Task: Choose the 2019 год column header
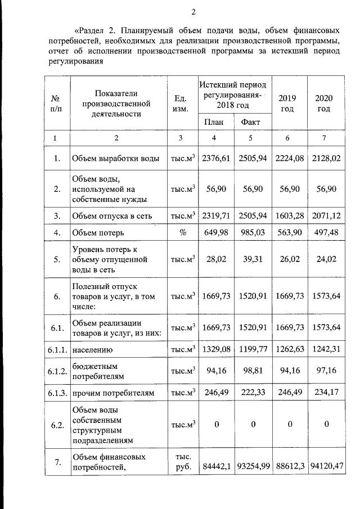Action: (287, 103)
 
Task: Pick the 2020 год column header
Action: (323, 103)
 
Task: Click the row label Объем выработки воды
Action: (115, 159)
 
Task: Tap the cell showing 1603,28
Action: (287, 216)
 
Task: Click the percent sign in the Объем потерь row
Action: (182, 232)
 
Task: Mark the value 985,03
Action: (251, 232)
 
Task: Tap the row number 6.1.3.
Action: (57, 392)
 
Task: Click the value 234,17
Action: (323, 392)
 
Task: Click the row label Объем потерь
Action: (98, 232)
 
